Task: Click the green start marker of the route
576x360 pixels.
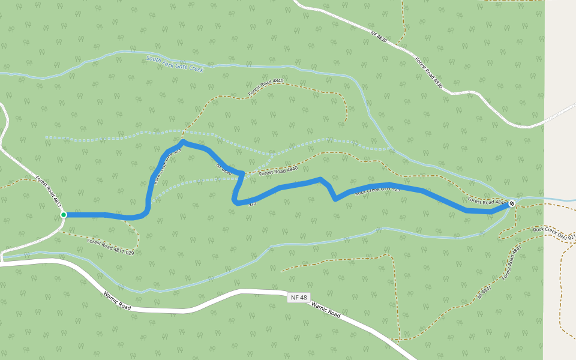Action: [x=63, y=215]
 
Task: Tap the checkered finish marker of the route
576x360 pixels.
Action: [x=512, y=204]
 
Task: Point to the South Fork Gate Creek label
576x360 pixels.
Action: [x=175, y=64]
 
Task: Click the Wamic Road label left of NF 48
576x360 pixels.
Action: [x=117, y=298]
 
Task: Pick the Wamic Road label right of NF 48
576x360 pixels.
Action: [x=326, y=310]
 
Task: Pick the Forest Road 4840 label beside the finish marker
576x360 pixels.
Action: [x=487, y=202]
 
